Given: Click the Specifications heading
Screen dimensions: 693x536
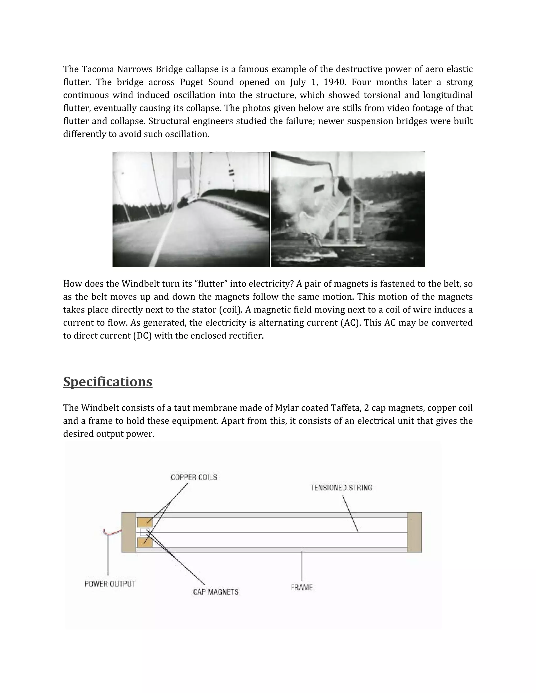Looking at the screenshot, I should tap(108, 382).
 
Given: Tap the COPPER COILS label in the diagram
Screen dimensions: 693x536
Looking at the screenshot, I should tap(194, 477).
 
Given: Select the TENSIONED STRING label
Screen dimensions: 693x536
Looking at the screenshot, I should tap(341, 488).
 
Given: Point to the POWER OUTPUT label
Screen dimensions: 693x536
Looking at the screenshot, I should tap(110, 584).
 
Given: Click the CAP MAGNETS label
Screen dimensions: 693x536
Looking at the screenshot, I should tap(216, 592).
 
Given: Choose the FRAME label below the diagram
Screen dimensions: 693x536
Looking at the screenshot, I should tap(302, 587).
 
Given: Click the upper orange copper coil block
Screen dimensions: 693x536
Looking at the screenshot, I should tap(145, 522).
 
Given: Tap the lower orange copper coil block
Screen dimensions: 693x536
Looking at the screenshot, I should tap(145, 543).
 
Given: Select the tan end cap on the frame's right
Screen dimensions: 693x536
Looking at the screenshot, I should tap(414, 532).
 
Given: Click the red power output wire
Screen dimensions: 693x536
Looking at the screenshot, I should tap(113, 533).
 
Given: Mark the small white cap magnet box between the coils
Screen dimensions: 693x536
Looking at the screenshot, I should tap(144, 532).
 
